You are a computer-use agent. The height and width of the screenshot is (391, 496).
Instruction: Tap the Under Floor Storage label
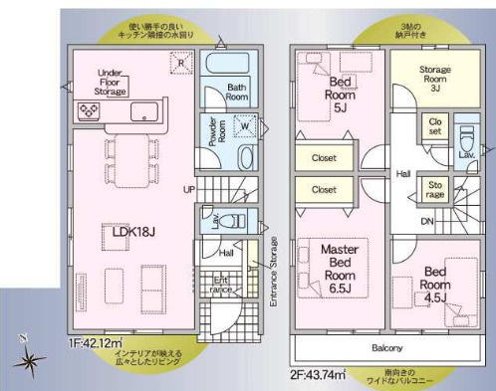111,83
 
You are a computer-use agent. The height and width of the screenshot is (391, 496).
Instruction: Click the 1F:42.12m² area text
95,343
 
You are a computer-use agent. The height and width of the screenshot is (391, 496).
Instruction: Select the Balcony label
388,347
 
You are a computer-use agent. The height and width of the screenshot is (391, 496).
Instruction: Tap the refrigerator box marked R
179,62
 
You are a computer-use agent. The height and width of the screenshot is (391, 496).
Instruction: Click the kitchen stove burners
81,111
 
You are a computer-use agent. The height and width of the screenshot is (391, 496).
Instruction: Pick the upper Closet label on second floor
324,157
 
